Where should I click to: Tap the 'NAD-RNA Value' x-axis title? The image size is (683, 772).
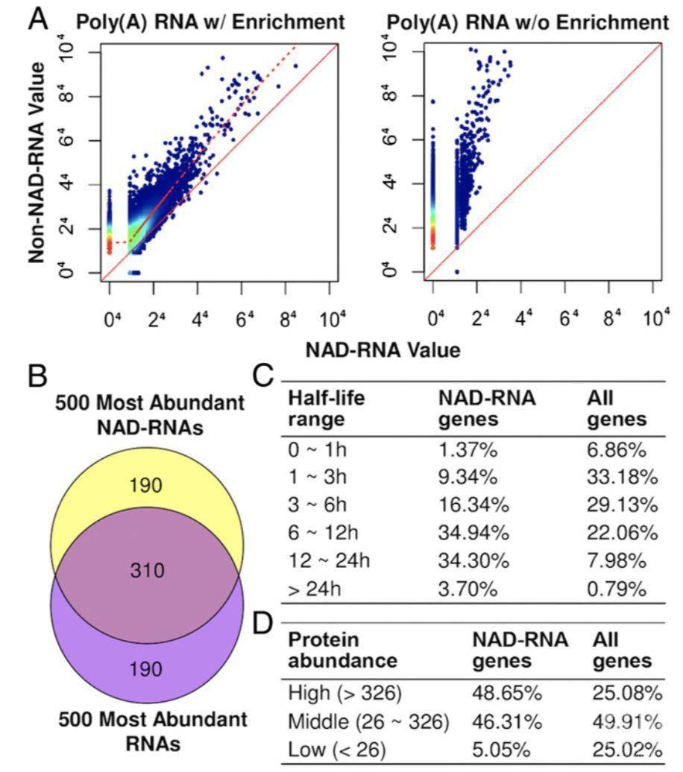pyautogui.click(x=381, y=349)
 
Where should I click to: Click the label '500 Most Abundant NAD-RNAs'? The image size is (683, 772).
pyautogui.click(x=149, y=416)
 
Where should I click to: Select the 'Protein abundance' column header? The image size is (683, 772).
pyautogui.click(x=342, y=650)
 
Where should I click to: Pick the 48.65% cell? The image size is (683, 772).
pyautogui.click(x=506, y=693)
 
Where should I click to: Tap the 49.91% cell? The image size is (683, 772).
pyautogui.click(x=627, y=722)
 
